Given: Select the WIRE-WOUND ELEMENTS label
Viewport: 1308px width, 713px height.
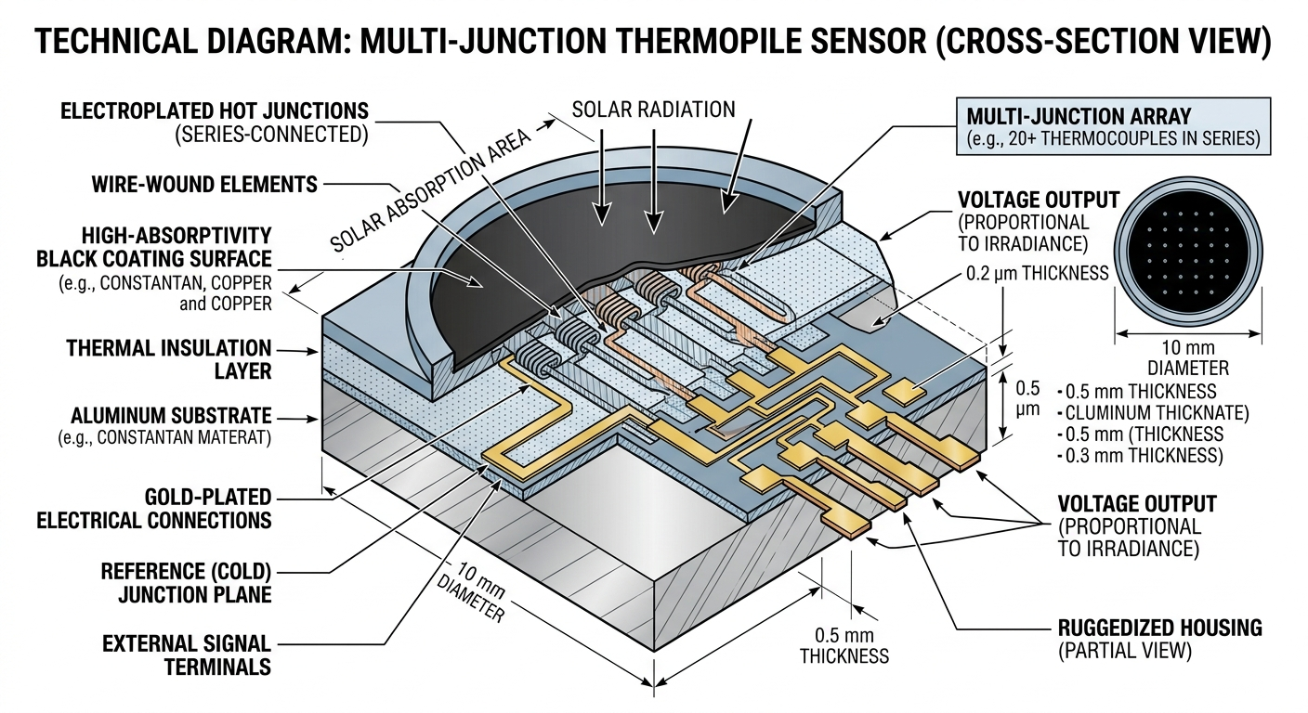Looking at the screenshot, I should (203, 184).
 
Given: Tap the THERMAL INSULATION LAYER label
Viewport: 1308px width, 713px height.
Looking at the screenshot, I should (168, 360).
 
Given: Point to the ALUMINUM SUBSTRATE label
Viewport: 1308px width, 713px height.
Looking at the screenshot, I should (171, 415).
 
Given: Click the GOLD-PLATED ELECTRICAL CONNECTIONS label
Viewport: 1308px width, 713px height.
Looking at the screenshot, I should (153, 508).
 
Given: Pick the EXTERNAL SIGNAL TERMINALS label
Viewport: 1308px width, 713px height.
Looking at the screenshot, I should (186, 655).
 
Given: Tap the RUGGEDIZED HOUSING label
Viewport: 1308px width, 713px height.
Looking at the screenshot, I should (1159, 629).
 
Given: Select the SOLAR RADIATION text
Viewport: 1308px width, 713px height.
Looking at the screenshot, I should (653, 109).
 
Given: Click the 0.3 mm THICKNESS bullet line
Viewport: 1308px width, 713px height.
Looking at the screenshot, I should (1141, 455).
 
